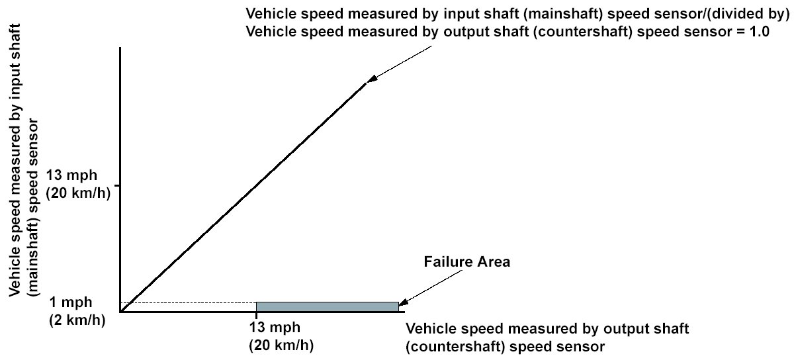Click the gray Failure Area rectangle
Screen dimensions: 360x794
point(328,306)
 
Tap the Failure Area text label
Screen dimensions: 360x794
point(466,262)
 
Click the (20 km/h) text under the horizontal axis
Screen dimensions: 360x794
point(281,345)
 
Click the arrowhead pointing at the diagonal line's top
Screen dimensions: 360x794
point(373,78)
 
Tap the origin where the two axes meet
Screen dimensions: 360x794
point(120,310)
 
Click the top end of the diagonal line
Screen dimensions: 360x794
point(365,83)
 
